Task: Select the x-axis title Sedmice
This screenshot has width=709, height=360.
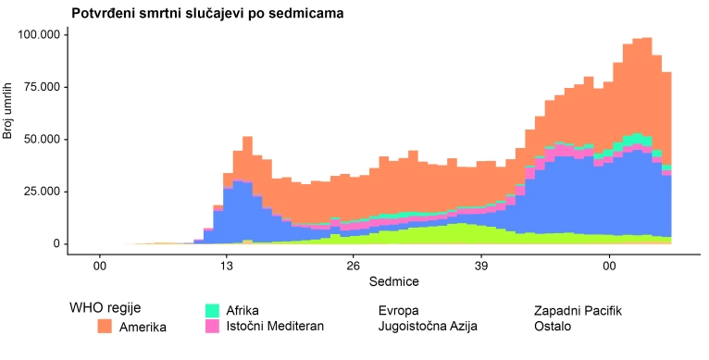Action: (x=368, y=280)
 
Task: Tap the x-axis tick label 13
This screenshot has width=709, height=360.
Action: (x=225, y=266)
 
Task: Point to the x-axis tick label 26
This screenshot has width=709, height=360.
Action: (x=354, y=266)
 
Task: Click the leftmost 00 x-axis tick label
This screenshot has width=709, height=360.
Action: (x=99, y=266)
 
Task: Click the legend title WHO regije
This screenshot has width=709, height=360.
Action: (x=106, y=308)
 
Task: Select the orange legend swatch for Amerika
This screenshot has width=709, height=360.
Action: (x=106, y=327)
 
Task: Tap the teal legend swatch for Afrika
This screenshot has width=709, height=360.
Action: (x=212, y=310)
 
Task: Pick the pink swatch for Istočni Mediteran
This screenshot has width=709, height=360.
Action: (x=212, y=326)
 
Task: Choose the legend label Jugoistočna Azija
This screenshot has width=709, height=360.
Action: (x=429, y=327)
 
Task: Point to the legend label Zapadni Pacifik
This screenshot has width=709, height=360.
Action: (x=578, y=310)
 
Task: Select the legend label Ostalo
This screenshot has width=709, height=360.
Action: (x=554, y=327)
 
